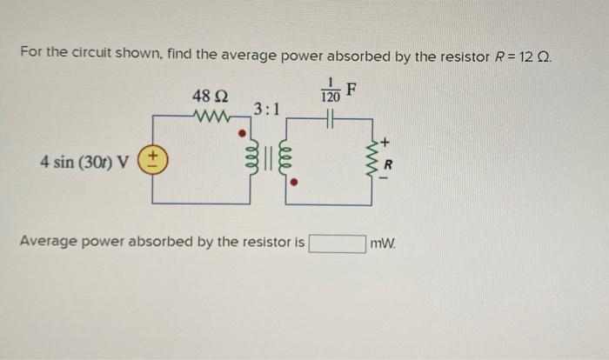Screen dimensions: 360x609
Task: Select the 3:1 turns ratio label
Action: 266,109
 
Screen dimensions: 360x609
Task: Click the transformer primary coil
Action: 258,162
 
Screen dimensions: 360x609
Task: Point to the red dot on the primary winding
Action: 256,136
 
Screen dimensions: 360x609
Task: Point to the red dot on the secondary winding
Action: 294,183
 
